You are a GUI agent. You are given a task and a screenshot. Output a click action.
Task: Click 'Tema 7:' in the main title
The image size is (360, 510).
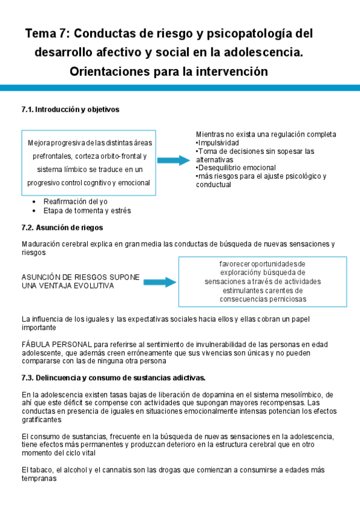click(47, 33)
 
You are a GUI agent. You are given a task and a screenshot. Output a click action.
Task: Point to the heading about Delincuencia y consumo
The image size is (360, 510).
click(114, 378)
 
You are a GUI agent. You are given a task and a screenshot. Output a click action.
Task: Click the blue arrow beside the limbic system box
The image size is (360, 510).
click(173, 160)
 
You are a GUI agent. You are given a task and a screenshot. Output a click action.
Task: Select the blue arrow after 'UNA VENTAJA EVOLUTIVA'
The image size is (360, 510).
click(159, 282)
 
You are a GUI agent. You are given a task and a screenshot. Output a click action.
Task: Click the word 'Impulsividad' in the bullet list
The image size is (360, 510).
click(218, 143)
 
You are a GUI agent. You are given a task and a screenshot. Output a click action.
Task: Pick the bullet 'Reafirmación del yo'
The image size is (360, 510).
click(76, 201)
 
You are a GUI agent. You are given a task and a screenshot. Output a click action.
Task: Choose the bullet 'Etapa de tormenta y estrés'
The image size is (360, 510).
click(87, 211)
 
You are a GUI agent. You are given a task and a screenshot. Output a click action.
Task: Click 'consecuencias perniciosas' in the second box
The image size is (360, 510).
click(263, 298)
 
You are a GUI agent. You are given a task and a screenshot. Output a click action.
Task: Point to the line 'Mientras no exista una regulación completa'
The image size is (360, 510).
click(266, 134)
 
